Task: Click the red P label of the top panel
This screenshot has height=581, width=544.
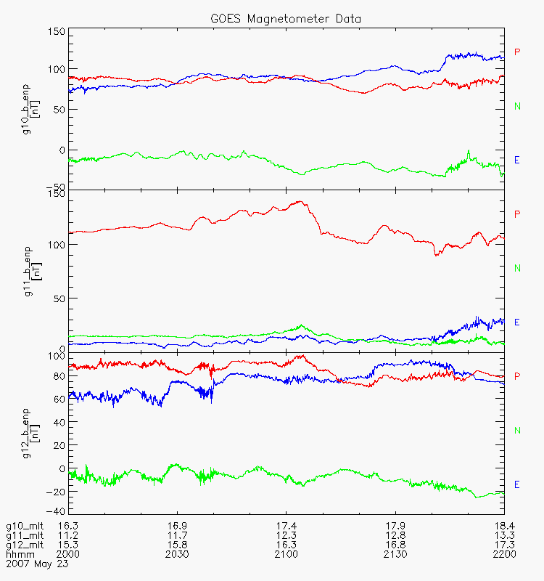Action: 517,52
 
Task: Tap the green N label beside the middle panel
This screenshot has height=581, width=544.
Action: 517,268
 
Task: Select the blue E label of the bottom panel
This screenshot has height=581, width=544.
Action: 517,484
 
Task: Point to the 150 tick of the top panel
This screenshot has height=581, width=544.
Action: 57,32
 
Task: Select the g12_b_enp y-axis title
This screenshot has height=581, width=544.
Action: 25,433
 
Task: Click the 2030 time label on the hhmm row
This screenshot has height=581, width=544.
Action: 177,554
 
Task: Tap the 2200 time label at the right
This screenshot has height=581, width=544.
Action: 503,554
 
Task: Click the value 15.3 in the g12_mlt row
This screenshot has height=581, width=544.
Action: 68,545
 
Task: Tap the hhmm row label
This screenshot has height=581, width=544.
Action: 19,554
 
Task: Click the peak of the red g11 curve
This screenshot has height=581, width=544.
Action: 300,202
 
